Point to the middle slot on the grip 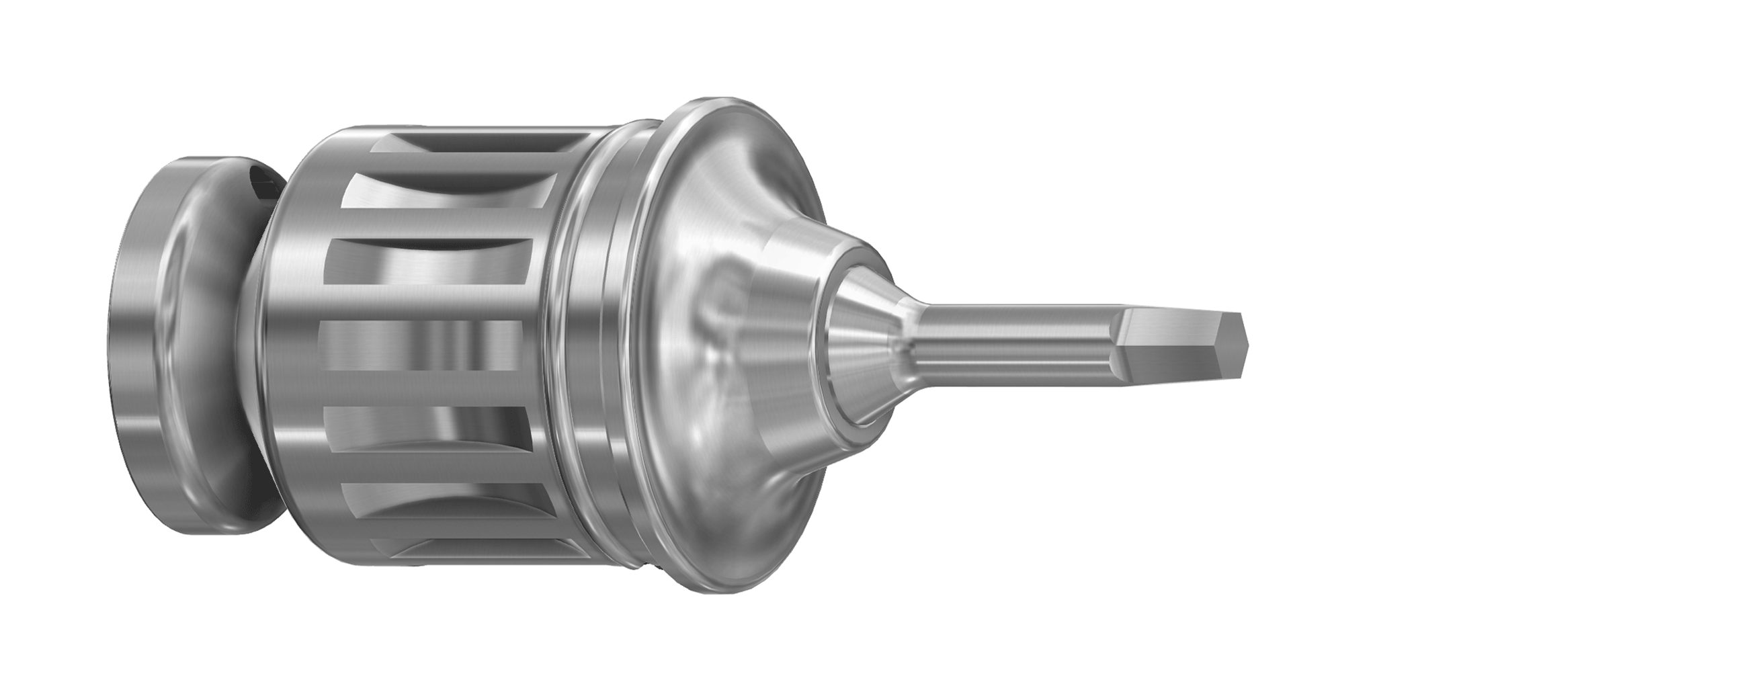[422, 346]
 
